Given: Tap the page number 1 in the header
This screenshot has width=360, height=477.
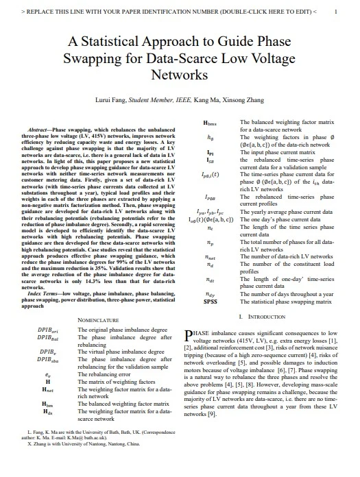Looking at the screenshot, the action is pos(334,12).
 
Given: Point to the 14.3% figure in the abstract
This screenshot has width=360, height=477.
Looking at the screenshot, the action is pos(88,280).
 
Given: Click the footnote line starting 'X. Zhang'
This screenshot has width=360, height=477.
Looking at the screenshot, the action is pos(80,463).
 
